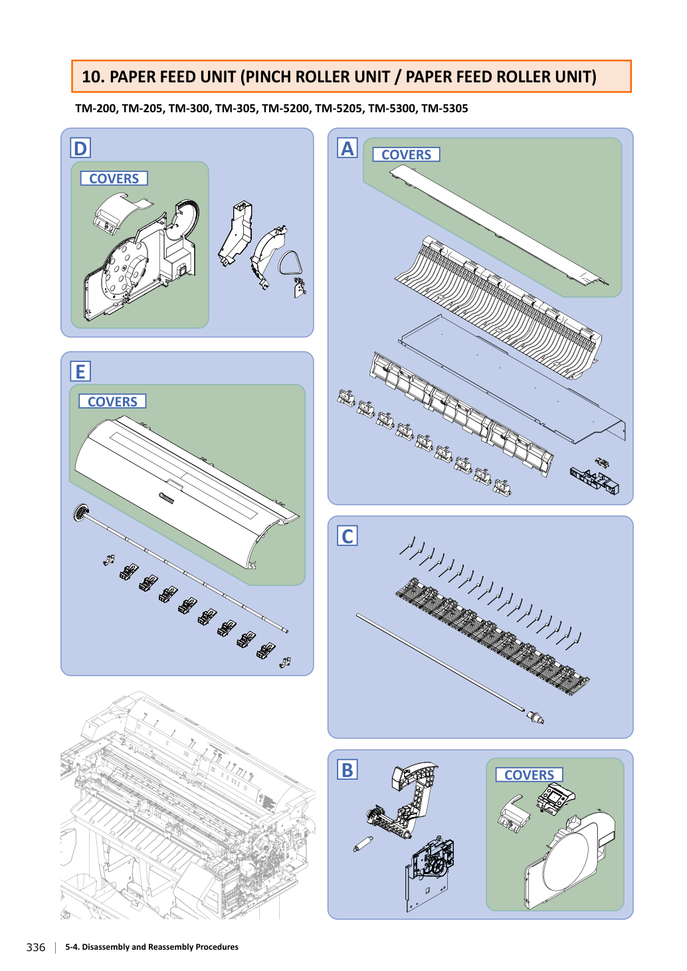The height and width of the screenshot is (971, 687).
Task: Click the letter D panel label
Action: click(80, 148)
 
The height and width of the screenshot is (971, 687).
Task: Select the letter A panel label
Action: click(347, 148)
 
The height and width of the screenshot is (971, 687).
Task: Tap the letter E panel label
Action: click(80, 371)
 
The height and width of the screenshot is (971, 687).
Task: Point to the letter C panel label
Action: click(347, 536)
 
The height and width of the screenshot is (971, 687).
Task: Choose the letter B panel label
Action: click(347, 770)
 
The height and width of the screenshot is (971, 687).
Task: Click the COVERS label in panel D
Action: click(114, 178)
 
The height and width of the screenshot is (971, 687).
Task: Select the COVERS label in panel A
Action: click(407, 154)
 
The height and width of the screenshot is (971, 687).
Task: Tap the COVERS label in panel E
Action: click(112, 401)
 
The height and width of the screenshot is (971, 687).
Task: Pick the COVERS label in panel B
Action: click(529, 774)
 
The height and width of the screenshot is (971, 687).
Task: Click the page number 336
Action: click(36, 947)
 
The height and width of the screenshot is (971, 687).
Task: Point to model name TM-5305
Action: click(444, 108)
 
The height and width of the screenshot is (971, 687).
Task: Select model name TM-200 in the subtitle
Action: click(96, 108)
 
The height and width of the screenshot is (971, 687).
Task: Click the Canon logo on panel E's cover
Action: click(166, 498)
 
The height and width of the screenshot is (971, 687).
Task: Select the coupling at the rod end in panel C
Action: click(536, 717)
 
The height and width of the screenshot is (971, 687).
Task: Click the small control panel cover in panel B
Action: click(555, 796)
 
